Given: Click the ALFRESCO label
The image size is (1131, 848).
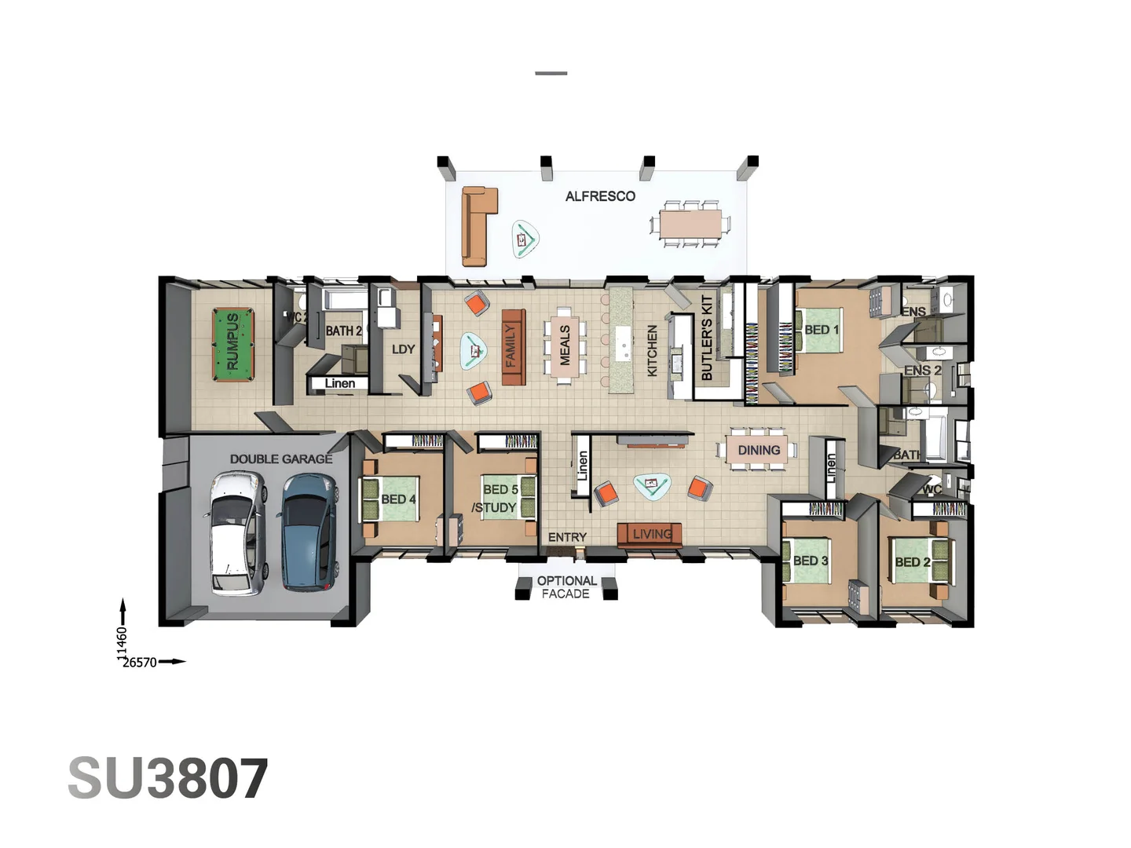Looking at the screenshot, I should pyautogui.click(x=600, y=196).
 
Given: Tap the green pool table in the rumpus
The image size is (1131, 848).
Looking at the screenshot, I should pyautogui.click(x=233, y=344).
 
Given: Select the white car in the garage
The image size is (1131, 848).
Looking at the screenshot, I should pyautogui.click(x=233, y=532).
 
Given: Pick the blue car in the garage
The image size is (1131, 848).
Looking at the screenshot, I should pyautogui.click(x=309, y=531).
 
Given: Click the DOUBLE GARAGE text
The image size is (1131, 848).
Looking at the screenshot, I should pyautogui.click(x=280, y=459).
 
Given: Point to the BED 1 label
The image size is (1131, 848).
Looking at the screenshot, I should pyautogui.click(x=822, y=330).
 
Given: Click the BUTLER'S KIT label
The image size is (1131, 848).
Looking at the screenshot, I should pyautogui.click(x=706, y=338).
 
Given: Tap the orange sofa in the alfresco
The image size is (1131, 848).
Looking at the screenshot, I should pyautogui.click(x=477, y=225).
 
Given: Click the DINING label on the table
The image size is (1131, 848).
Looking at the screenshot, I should pyautogui.click(x=759, y=450).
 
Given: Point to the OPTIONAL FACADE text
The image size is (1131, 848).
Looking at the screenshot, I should pyautogui.click(x=566, y=587).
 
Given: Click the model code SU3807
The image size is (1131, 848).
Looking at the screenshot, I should pyautogui.click(x=168, y=779).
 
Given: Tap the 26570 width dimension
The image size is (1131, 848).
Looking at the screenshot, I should pyautogui.click(x=140, y=663).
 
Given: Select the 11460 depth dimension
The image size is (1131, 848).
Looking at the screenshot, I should pyautogui.click(x=122, y=643).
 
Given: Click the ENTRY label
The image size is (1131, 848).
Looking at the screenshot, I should pyautogui.click(x=567, y=537).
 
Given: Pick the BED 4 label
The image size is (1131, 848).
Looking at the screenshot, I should pyautogui.click(x=398, y=499).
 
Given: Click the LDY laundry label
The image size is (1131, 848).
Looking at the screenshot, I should pyautogui.click(x=403, y=349).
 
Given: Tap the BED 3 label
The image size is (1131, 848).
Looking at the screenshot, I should pyautogui.click(x=811, y=561).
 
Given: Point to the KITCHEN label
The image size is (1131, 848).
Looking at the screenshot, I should pyautogui.click(x=652, y=351).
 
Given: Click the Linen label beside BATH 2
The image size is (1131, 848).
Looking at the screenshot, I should pyautogui.click(x=340, y=383).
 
